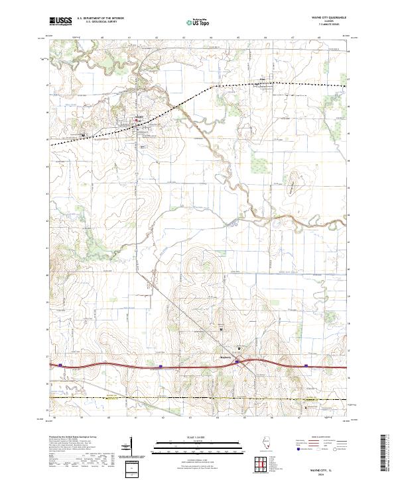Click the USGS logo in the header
(x=60, y=22)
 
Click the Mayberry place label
(x=227, y=356)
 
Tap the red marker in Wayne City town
(x=137, y=120)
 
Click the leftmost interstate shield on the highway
(x=60, y=364)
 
